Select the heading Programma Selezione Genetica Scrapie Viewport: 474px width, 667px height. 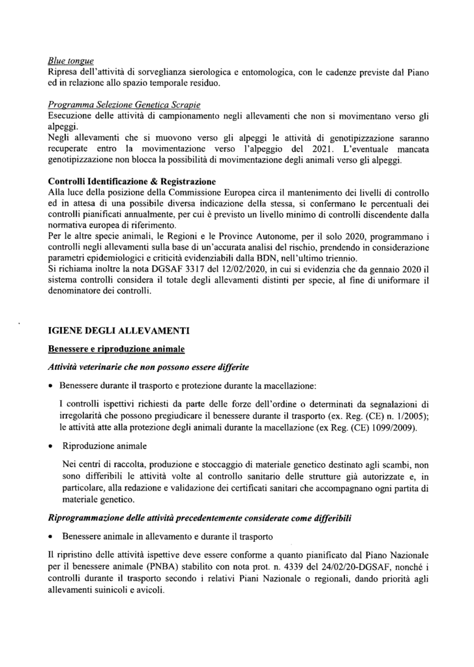coord(124,104)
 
